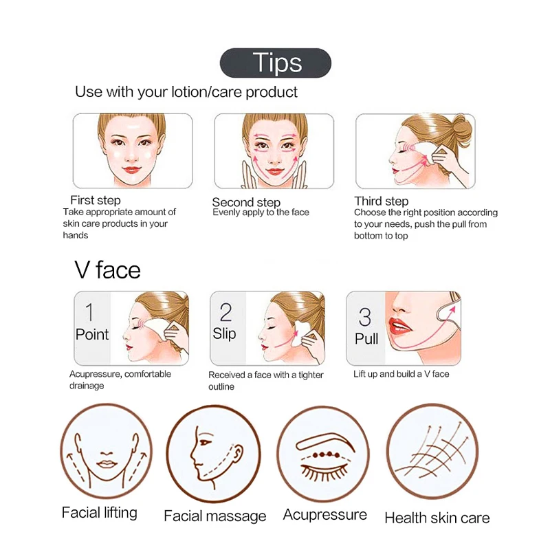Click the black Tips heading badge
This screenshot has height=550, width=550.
tap(275, 63)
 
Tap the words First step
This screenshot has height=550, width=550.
tap(95, 200)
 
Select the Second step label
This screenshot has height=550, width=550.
tap(246, 202)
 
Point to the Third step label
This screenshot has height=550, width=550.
tap(381, 201)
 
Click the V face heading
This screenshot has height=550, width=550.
tap(107, 269)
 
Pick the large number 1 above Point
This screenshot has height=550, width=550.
tap(89, 313)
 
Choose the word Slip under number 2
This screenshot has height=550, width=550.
tap(225, 334)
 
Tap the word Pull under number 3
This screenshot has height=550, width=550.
tap(366, 339)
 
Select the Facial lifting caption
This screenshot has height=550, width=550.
tap(99, 512)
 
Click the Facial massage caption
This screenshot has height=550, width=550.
tap(214, 516)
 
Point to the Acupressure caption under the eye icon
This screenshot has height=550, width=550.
tap(325, 514)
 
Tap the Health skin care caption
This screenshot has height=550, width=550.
tap(437, 518)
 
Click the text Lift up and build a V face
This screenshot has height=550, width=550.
tap(401, 374)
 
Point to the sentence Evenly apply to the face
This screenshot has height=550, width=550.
tap(261, 212)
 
